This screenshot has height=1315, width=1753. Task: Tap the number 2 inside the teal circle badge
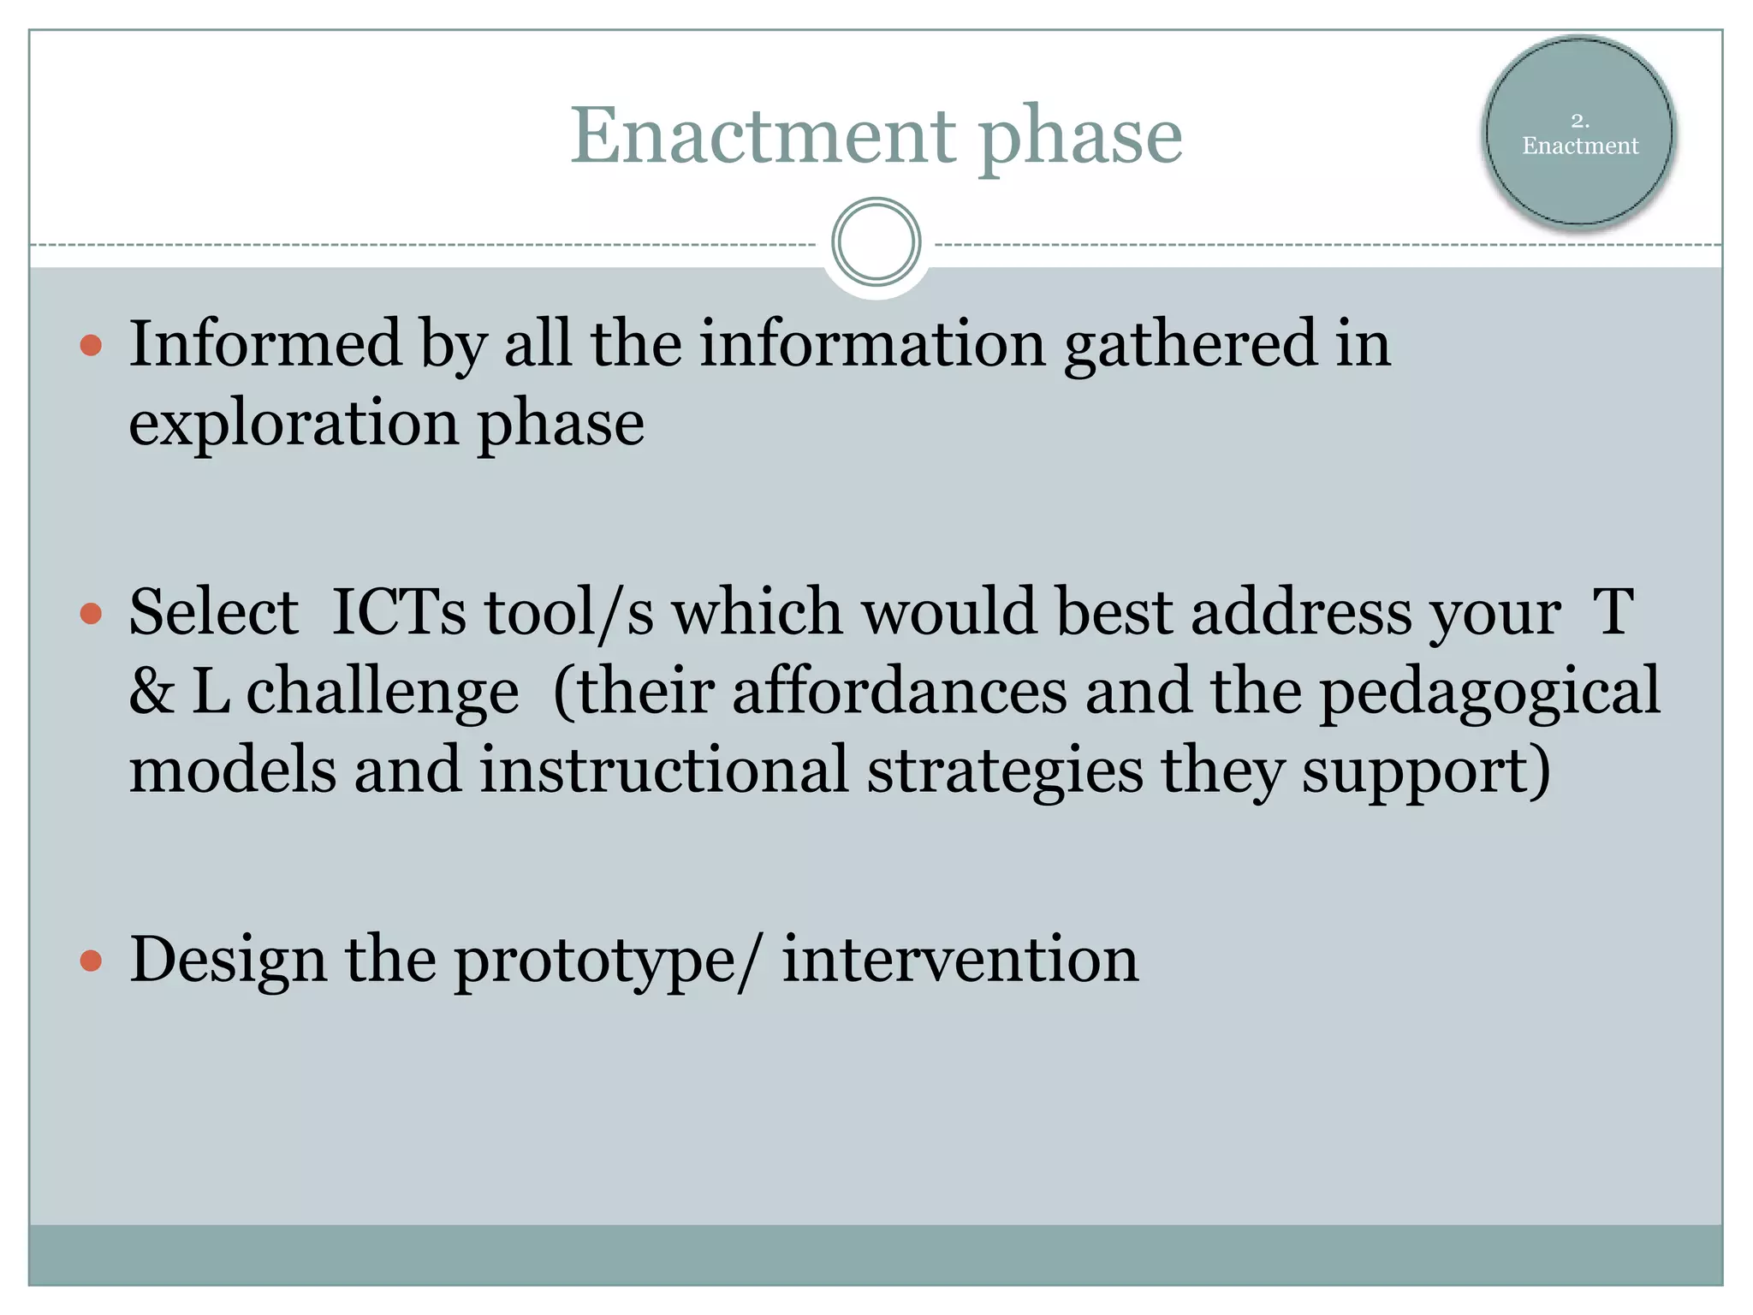(1579, 121)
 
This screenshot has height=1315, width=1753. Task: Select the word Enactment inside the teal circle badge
(1580, 146)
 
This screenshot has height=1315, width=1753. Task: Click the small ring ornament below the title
(876, 242)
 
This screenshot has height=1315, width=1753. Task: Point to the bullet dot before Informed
(91, 346)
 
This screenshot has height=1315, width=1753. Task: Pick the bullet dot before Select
(91, 614)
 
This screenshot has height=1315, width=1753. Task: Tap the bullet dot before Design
(91, 961)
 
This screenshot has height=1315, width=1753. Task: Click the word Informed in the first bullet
(264, 344)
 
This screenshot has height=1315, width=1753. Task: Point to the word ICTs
(399, 612)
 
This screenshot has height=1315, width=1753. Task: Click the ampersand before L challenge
(152, 692)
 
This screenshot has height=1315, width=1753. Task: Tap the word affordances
(900, 692)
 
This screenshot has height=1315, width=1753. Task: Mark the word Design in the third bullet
(228, 961)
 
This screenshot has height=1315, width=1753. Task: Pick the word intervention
(960, 960)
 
